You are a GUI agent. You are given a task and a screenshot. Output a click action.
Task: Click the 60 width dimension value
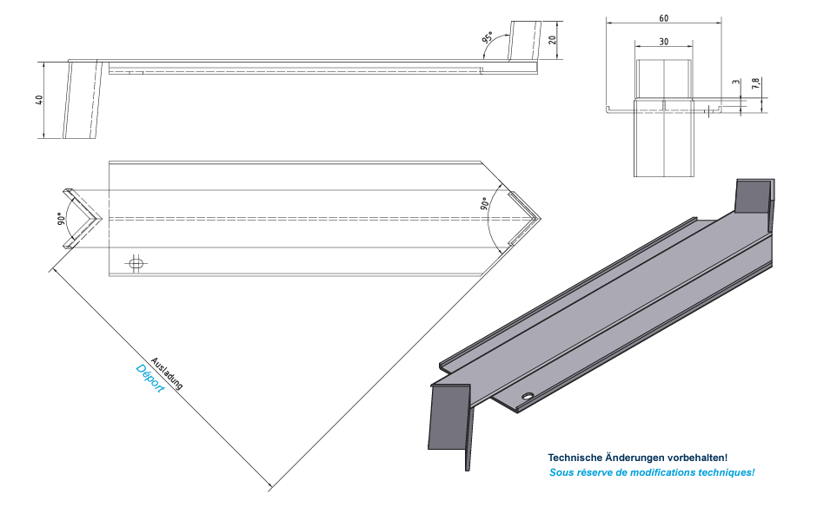tap(664, 18)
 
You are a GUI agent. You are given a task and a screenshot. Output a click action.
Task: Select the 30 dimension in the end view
tap(664, 42)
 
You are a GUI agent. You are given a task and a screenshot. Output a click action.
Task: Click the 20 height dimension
tap(552, 40)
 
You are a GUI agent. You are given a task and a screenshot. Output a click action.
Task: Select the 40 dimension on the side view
tap(39, 99)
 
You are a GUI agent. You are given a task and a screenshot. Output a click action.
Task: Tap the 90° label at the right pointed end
tap(484, 205)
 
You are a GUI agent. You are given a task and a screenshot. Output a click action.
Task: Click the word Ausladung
tap(167, 373)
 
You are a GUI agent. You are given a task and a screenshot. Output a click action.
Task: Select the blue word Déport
tap(150, 379)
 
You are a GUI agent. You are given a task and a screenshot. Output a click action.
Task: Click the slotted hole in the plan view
tap(136, 261)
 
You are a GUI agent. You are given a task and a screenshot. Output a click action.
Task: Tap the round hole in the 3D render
tap(528, 397)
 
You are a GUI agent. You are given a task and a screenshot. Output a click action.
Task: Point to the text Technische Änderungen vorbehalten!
tap(637, 457)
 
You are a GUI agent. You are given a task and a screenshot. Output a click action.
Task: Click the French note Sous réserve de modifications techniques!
tap(652, 472)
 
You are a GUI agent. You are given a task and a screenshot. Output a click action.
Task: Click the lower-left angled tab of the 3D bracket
tap(449, 419)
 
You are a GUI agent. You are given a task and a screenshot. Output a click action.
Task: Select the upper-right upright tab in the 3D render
tap(753, 195)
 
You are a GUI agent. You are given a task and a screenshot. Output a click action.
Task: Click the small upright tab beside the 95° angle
tap(524, 41)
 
